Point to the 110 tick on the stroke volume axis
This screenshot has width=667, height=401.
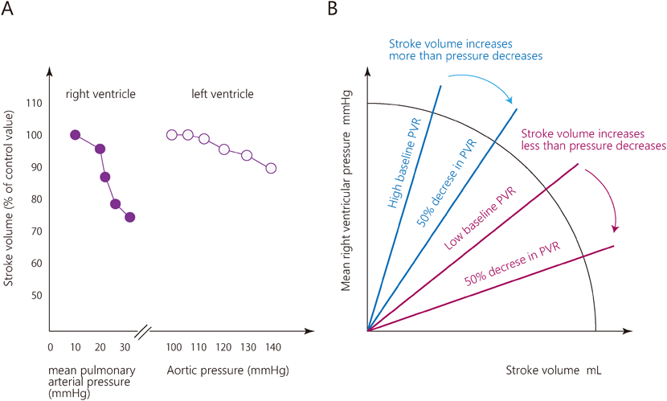coord(35,103)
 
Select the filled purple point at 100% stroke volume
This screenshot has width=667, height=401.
coord(76,135)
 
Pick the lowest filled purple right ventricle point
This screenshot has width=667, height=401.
coord(129,217)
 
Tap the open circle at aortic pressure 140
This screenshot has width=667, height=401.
coord(271,168)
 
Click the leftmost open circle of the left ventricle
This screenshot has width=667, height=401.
coord(171,135)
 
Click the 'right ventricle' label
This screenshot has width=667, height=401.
coord(100,95)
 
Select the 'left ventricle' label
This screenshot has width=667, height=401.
coord(223,95)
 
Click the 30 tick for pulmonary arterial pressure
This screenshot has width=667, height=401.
coord(125,347)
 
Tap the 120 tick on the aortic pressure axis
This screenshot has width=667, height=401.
coord(222,347)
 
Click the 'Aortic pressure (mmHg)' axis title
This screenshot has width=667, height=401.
coord(227,370)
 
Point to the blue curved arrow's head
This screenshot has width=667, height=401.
coord(512,103)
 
